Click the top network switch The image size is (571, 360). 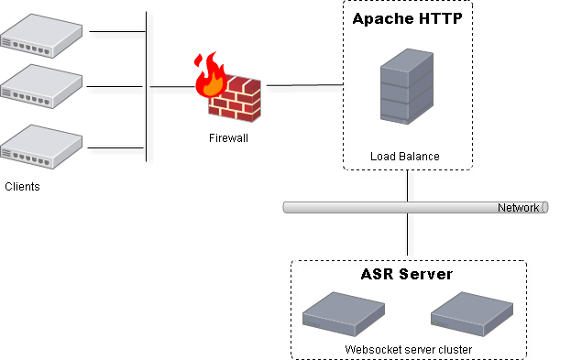click(x=41, y=36)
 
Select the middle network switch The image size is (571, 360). click(x=41, y=87)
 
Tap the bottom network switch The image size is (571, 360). click(x=41, y=147)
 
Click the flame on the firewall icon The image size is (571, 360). click(x=211, y=77)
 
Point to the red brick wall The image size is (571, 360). click(x=236, y=99)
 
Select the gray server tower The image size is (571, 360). click(x=406, y=87)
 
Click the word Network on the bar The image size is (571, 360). click(x=518, y=208)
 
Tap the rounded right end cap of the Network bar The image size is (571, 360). click(x=545, y=207)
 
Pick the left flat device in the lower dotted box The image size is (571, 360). click(x=343, y=313)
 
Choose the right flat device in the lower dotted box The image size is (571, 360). click(x=471, y=313)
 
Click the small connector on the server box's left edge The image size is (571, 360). click(x=344, y=88)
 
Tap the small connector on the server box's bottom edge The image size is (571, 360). click(x=408, y=172)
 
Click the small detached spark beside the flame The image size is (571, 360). click(x=197, y=61)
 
